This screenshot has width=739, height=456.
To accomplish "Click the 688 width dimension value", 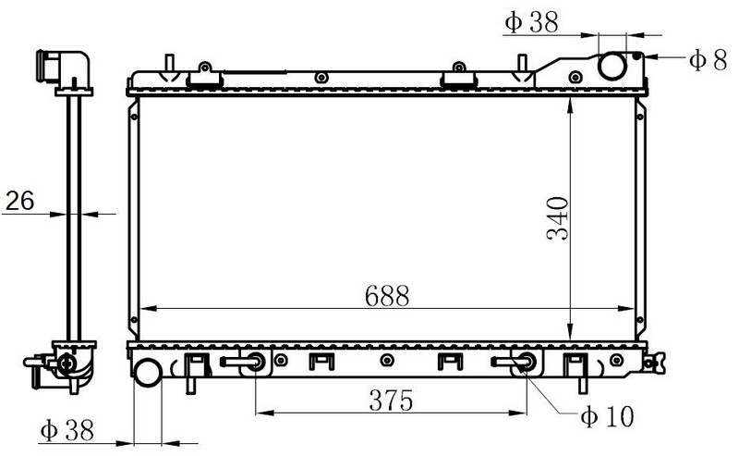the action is (387, 296).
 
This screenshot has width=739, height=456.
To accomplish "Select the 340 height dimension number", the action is (558, 218).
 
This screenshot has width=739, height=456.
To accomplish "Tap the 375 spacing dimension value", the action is (391, 401).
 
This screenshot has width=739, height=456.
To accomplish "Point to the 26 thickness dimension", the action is (19, 201).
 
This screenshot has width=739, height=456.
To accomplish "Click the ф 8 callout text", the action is (708, 60).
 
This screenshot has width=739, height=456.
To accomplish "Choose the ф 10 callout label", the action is (608, 416).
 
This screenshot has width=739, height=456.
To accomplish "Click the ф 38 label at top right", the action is (532, 22).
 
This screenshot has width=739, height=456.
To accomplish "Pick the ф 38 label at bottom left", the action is (67, 430).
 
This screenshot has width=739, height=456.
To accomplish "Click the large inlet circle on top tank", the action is (612, 67).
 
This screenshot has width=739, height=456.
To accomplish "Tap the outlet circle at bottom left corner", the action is (148, 373).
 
